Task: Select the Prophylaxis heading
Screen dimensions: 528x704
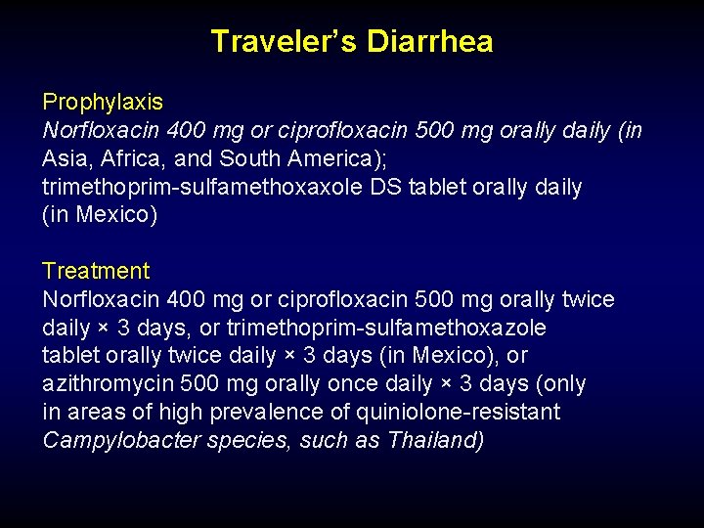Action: [103, 102]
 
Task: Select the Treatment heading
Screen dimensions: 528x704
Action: [96, 271]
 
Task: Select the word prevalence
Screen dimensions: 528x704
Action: [229, 413]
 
